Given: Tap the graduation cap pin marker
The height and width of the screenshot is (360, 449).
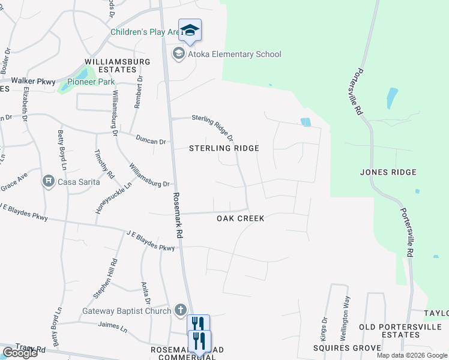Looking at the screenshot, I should [190, 30].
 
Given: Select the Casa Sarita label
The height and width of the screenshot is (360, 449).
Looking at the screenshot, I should [78, 181].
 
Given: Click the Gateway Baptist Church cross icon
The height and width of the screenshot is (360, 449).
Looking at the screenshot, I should [179, 310].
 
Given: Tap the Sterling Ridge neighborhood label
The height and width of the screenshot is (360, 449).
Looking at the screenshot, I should [224, 148].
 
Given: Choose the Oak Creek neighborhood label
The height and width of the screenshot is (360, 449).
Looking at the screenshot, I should [241, 218].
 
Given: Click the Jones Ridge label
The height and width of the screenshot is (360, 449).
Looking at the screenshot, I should [388, 172].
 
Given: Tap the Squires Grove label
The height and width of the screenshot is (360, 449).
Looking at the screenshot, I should [347, 348].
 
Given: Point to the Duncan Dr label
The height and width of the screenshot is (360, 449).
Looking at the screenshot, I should [151, 142].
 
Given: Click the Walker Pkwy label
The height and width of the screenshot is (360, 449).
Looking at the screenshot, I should [33, 81].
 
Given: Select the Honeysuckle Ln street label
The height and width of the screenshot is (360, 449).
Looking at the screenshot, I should [106, 198].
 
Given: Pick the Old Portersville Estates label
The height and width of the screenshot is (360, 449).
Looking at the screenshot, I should [400, 331].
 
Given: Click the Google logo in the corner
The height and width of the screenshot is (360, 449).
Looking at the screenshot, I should [19, 353].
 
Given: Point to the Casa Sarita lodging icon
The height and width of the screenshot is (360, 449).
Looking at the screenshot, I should [48, 181].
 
